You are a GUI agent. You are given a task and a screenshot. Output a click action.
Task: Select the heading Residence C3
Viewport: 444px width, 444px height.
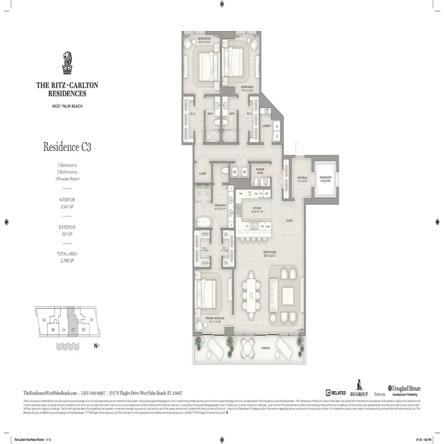(x=67, y=147)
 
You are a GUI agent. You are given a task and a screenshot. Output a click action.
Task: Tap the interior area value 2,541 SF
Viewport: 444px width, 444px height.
(x=67, y=205)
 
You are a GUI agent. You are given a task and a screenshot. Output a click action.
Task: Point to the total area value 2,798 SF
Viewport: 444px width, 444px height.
(x=67, y=260)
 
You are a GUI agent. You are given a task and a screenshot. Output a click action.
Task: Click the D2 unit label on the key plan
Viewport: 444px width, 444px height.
(x=44, y=320)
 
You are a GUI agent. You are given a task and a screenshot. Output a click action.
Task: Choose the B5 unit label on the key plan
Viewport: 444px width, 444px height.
(x=83, y=329)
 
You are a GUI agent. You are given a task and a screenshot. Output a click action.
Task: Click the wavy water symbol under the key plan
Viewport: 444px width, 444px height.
(x=67, y=345)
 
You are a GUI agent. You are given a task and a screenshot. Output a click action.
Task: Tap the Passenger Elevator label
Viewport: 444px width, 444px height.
(x=325, y=178)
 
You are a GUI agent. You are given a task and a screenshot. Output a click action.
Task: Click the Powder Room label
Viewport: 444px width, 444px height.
(x=259, y=171)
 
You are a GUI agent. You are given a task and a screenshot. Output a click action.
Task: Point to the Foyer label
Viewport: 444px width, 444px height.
(x=289, y=220)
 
